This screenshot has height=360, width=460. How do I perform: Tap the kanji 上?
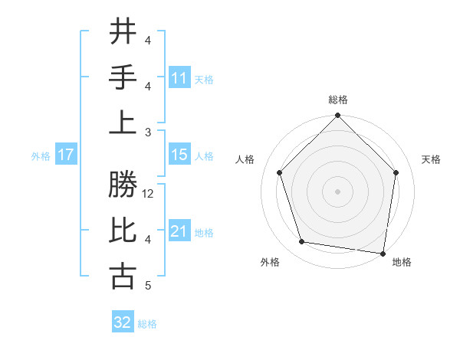123,123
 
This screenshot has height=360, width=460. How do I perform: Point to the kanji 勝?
123,185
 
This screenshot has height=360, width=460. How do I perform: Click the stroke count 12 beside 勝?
149,195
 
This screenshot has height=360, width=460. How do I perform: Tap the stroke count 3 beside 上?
148,132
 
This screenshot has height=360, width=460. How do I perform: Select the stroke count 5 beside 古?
148,286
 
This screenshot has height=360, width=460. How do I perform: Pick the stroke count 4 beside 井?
148,41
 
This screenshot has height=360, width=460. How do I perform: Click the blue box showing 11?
179,78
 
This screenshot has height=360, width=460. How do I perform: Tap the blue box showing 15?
179,155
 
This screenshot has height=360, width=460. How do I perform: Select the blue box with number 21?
179,231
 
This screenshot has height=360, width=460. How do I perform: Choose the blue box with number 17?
65,155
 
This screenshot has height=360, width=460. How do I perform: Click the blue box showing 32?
123,322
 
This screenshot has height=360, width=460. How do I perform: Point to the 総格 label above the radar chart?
337,100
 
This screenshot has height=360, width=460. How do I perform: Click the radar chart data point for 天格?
396,172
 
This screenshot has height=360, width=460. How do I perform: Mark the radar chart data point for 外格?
302,242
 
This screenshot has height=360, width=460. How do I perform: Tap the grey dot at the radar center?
337,191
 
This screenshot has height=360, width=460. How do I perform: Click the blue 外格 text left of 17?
41,156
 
